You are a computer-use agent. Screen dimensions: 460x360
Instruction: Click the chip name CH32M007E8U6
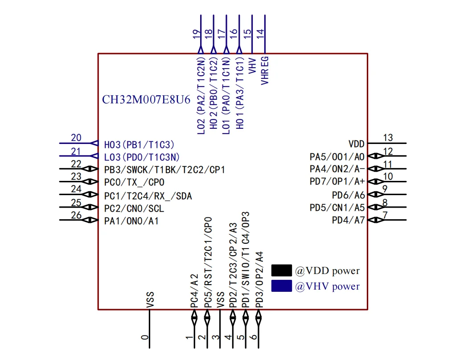point(146,100)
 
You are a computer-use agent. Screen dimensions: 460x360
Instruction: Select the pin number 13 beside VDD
point(388,138)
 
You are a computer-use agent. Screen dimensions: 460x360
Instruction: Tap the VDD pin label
point(357,144)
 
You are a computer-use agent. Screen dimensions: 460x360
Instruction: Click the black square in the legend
point(281,270)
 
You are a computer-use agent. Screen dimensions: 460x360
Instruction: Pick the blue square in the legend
point(281,286)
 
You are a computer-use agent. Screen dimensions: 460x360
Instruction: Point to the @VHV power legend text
point(328,286)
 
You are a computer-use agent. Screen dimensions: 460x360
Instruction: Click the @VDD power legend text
point(328,270)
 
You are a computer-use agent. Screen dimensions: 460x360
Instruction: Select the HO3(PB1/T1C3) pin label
point(139,144)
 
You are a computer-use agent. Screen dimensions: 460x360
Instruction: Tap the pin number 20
point(76,138)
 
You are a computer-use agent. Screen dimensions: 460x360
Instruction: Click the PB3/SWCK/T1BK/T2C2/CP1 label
point(164,170)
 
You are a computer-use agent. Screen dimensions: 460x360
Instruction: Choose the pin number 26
point(76,215)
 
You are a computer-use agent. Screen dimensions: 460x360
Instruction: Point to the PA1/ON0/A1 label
point(131,221)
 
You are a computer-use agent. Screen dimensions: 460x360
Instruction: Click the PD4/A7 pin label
point(348,220)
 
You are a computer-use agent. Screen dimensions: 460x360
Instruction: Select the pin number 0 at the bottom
point(145,337)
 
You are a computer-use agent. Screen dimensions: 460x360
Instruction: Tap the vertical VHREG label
point(265,71)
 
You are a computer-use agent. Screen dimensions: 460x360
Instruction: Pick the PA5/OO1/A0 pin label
point(337,157)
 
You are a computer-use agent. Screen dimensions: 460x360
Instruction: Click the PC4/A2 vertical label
point(194,291)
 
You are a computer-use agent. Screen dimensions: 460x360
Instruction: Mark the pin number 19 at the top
point(196,34)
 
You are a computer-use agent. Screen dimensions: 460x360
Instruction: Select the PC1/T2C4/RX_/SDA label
point(148,196)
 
